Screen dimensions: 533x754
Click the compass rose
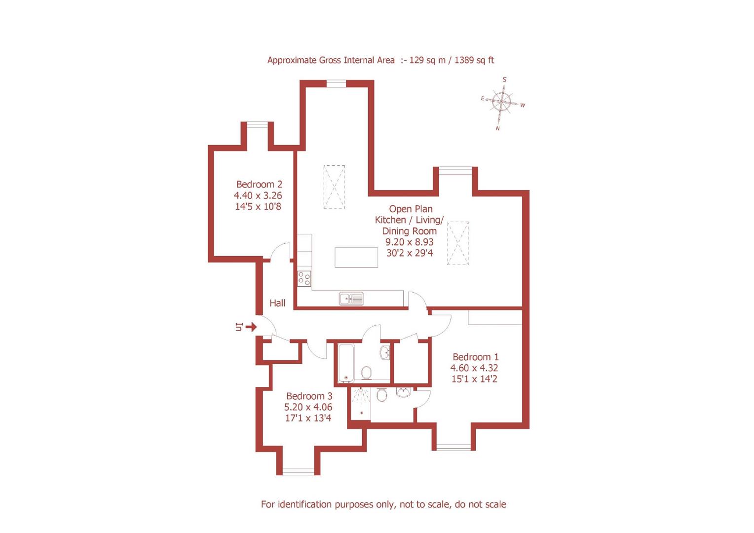[501, 103]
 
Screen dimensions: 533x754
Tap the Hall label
[277, 303]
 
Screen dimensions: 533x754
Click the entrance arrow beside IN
[251, 327]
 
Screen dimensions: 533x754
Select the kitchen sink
[351, 298]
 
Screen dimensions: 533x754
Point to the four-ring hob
[304, 279]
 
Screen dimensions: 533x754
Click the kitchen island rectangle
[356, 257]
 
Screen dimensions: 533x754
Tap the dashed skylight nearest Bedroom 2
[334, 187]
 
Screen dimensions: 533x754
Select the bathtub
[346, 363]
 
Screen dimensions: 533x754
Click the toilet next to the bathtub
[366, 372]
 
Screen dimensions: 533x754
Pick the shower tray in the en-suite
[361, 403]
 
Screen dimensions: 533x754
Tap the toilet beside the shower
[381, 395]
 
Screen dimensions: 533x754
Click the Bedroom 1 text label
[475, 357]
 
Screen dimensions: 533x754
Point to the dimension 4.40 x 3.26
[258, 195]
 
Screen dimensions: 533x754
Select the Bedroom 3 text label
[309, 396]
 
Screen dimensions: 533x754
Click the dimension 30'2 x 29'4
[410, 253]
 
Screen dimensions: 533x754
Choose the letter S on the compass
[504, 79]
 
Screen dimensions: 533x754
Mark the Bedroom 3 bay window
[298, 472]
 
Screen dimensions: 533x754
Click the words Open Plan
[411, 209]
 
